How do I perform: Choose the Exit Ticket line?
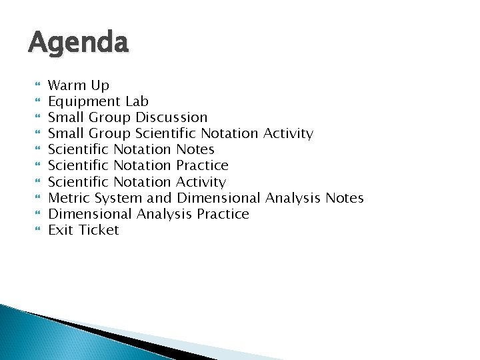pos(84,230)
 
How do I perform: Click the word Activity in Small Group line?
pos(288,133)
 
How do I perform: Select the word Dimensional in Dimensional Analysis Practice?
pos(91,214)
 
